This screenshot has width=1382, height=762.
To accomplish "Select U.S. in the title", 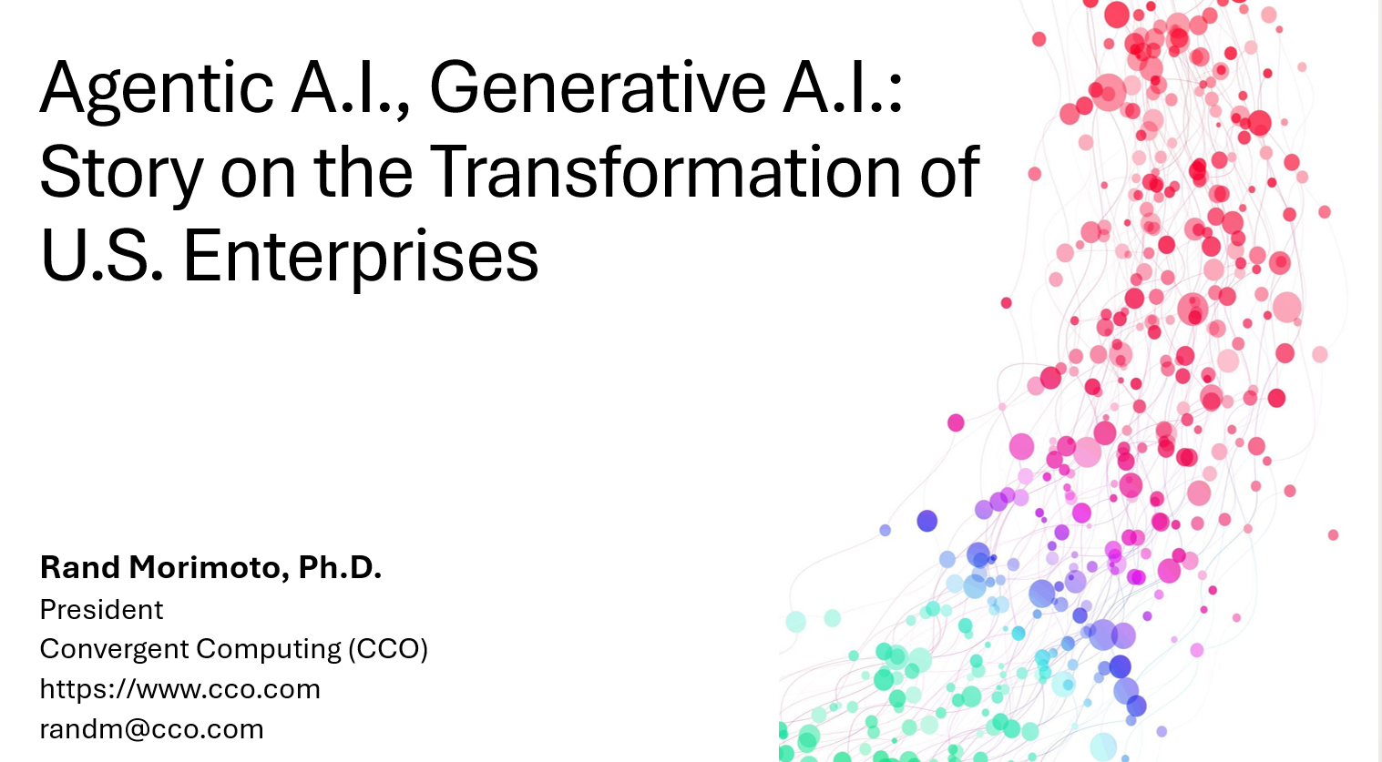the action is coord(102,255).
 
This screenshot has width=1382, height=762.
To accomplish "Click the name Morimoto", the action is coord(210,568).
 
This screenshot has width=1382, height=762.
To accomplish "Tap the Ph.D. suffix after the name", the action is coord(340,568).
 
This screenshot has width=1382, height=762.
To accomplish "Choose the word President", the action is coord(102,610).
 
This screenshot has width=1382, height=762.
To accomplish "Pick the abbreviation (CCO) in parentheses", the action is coord(388,649).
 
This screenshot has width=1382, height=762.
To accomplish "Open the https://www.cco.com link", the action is coord(180,689).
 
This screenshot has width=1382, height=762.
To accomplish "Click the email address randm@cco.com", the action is coord(152,729).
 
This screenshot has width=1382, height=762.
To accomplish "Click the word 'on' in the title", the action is coord(259,178).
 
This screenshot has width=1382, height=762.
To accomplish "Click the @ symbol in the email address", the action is coord(138,730).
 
